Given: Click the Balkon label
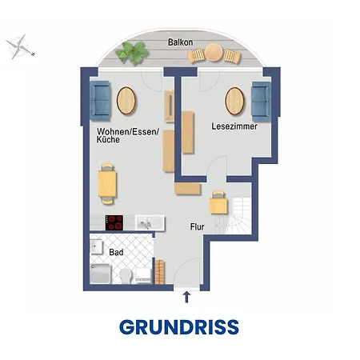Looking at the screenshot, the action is coord(180,42).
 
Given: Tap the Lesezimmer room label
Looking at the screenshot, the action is coord(234,126).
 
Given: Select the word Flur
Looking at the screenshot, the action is coord(197,226).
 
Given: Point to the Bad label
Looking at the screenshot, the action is coord(116,252).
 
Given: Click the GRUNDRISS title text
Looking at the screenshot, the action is coord(179,327).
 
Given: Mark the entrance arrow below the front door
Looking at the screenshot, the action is coord(186,297).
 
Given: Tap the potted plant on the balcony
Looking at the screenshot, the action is coord(132,53).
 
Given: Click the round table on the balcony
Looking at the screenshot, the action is coord(214,52).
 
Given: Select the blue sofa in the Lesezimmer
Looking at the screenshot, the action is coord(261,102).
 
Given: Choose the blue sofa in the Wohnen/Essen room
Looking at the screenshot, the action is coord(100,101).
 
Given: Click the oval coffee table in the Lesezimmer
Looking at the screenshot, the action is coord(234,101).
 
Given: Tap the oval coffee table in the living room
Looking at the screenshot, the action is coord(126,101).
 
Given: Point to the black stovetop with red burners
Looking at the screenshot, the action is coord(114,222).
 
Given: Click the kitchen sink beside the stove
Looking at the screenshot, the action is coord(150,222).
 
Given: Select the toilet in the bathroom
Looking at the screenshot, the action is coord(126,276).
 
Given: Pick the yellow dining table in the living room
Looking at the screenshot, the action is coord(107,184).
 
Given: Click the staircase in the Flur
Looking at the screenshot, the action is coord(234,215).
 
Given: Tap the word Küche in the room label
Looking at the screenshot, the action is coord(108,139).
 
